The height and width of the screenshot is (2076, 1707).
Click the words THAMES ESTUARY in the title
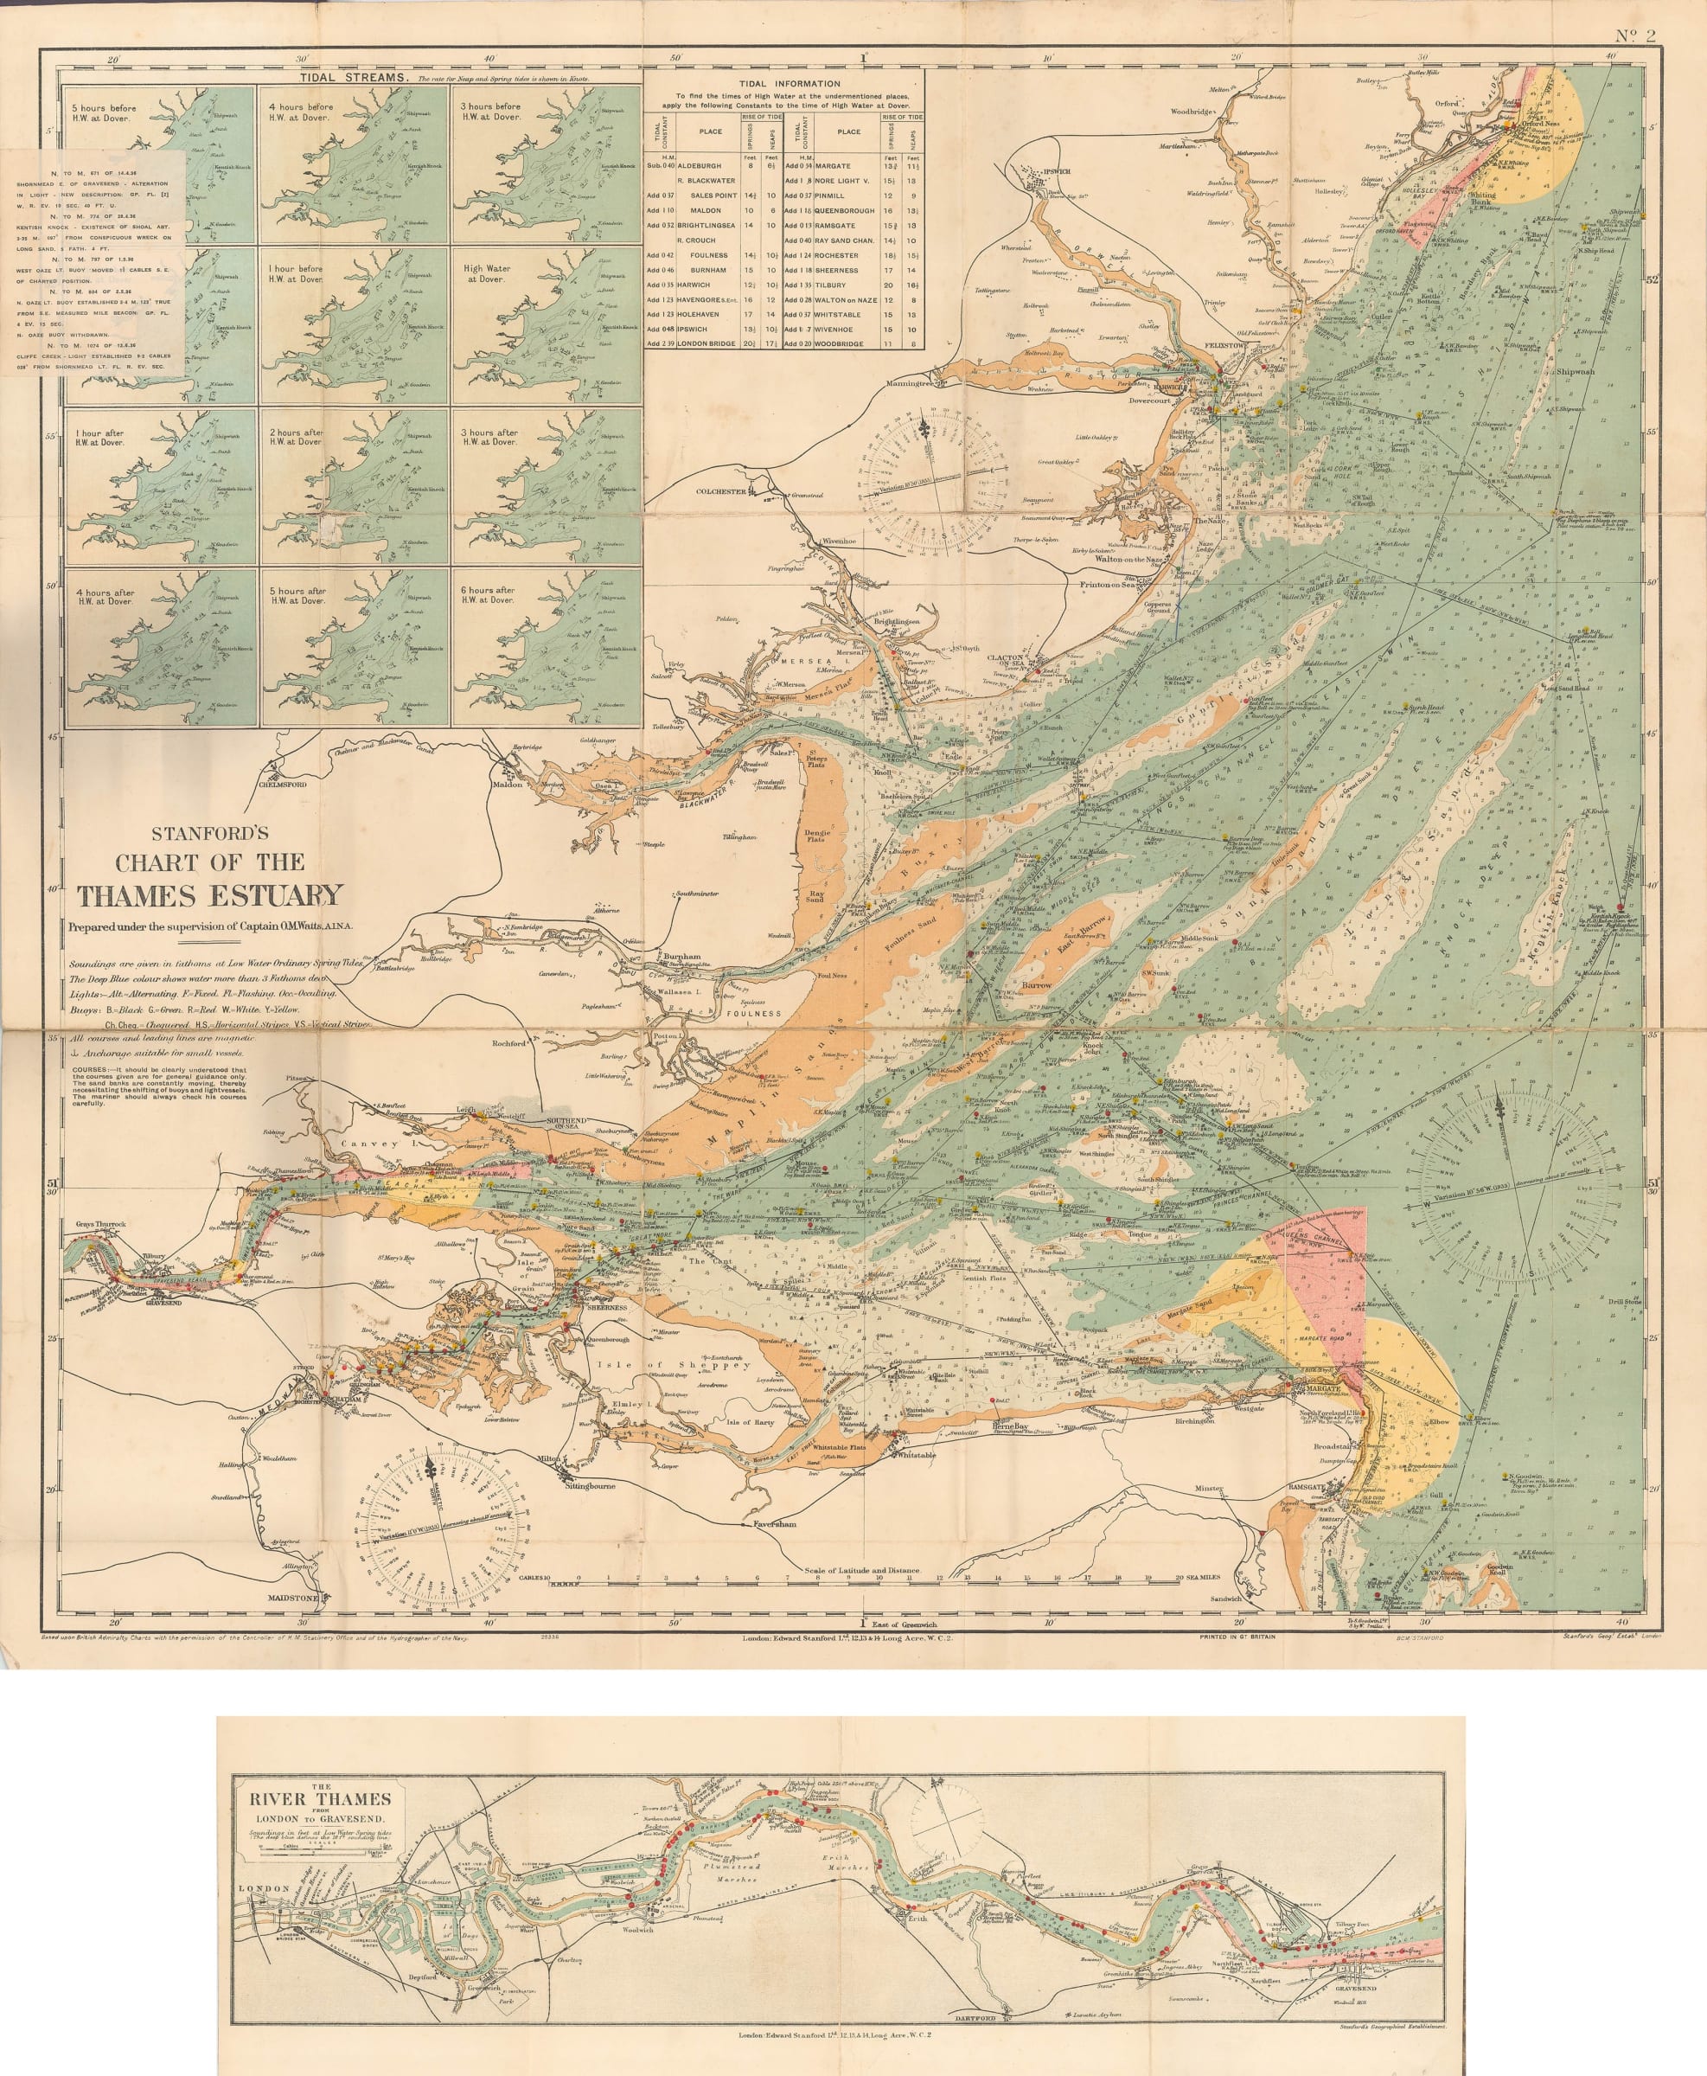[x=210, y=895]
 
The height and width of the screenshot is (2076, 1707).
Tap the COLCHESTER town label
[x=723, y=490]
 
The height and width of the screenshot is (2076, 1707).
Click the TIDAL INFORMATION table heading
[x=784, y=84]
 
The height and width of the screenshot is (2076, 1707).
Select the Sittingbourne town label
[x=588, y=1486]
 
